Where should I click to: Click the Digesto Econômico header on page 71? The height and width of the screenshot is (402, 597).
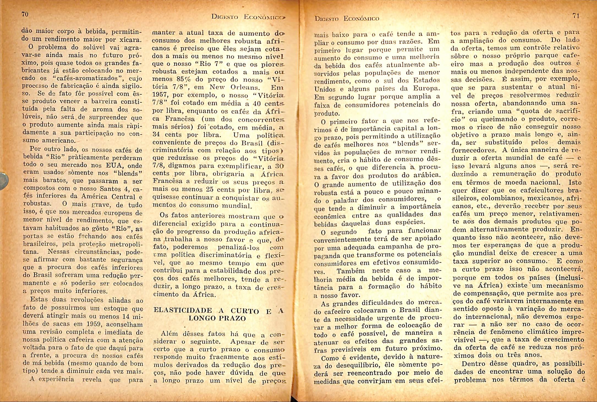(x=347, y=19)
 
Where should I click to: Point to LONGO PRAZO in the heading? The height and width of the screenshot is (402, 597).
(x=217, y=318)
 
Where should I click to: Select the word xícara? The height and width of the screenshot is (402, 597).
(x=132, y=40)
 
